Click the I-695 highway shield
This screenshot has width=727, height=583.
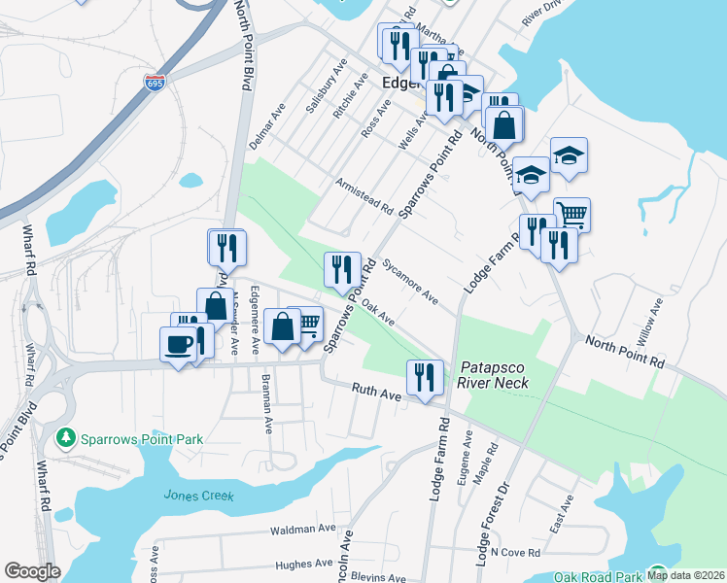tap(154, 83)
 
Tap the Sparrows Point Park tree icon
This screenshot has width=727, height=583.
tap(66, 439)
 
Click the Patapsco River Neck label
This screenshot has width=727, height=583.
tap(493, 375)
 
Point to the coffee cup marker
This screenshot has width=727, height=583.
tap(178, 345)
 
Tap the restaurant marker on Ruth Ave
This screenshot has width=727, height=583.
tap(424, 377)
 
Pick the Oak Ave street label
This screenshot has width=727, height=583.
tap(379, 313)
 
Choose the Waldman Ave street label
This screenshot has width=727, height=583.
tap(304, 531)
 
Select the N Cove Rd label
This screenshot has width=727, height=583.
tap(515, 552)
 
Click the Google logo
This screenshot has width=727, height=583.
tap(32, 571)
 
